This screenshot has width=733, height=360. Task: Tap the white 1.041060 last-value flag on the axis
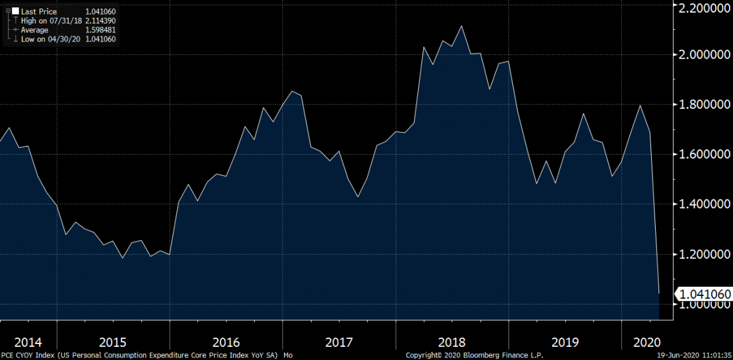[x=703, y=294]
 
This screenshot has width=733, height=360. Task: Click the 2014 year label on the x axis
[x=28, y=342]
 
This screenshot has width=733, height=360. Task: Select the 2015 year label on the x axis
[x=113, y=342]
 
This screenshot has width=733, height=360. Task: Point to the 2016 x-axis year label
[x=227, y=342]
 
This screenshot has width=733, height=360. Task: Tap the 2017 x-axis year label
[x=339, y=342]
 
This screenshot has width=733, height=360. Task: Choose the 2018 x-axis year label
[x=452, y=342]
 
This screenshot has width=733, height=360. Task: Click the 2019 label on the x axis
[x=565, y=342]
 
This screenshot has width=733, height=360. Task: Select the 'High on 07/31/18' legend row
[x=50, y=21]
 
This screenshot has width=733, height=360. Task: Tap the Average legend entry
[x=34, y=30]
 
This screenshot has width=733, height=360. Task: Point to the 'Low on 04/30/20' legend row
[x=49, y=39]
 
